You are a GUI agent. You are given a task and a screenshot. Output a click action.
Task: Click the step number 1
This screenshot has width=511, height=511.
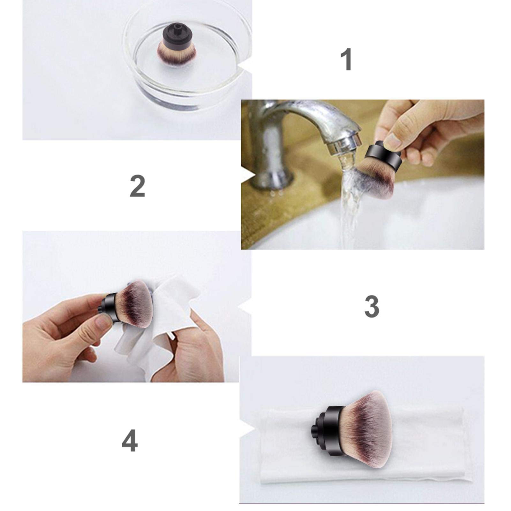click(x=346, y=59)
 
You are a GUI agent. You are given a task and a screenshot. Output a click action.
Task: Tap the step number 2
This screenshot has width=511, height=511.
click(x=138, y=186)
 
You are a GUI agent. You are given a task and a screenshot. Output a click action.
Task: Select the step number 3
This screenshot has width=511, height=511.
click(x=372, y=306)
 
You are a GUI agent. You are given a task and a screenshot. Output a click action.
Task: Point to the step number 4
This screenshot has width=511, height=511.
click(x=130, y=440)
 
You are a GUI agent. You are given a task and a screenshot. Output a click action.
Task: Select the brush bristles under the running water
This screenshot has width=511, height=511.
click(x=377, y=179)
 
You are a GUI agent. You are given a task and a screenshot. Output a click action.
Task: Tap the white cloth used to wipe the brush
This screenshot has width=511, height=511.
click(x=160, y=322)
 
